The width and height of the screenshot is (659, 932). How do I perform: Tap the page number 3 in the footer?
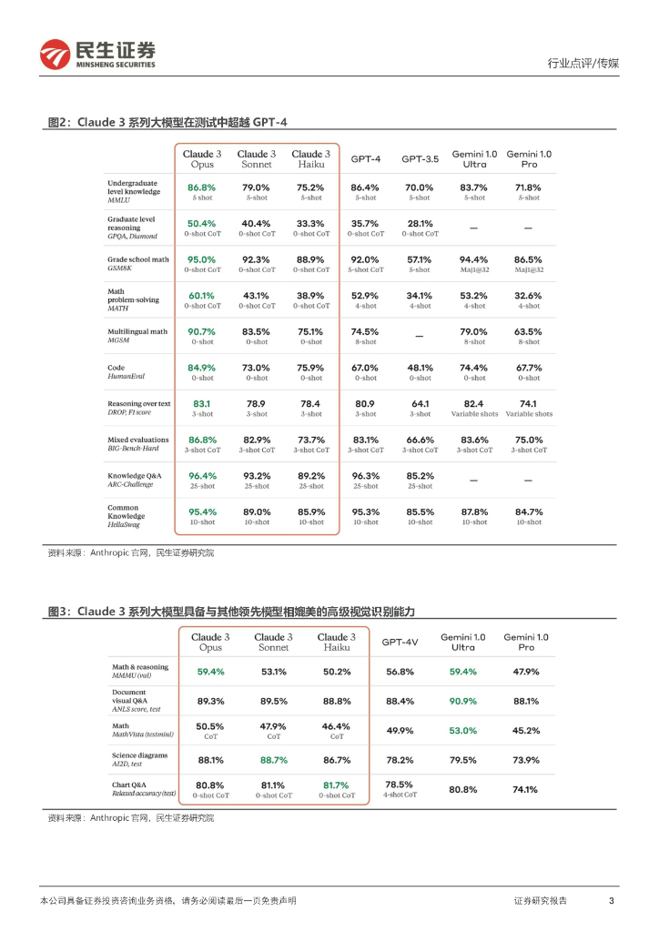tap(611, 900)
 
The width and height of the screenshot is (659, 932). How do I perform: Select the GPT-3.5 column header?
tap(420, 158)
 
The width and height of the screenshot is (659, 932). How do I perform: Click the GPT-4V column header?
tap(400, 642)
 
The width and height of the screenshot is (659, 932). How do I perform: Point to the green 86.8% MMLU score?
tap(201, 187)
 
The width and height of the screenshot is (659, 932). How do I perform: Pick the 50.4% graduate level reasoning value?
tap(201, 223)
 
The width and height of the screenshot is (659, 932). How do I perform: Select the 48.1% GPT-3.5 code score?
tap(420, 367)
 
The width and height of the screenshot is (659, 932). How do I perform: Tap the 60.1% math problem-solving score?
tap(201, 295)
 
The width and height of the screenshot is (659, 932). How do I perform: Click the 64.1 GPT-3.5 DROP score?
tap(420, 403)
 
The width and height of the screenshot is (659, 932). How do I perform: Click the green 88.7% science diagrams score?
tap(273, 760)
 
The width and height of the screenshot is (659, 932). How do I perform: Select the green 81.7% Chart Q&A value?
tap(336, 785)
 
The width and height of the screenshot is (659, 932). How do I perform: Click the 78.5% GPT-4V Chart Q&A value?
tap(399, 784)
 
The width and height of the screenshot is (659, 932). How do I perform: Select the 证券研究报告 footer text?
tap(541, 900)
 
